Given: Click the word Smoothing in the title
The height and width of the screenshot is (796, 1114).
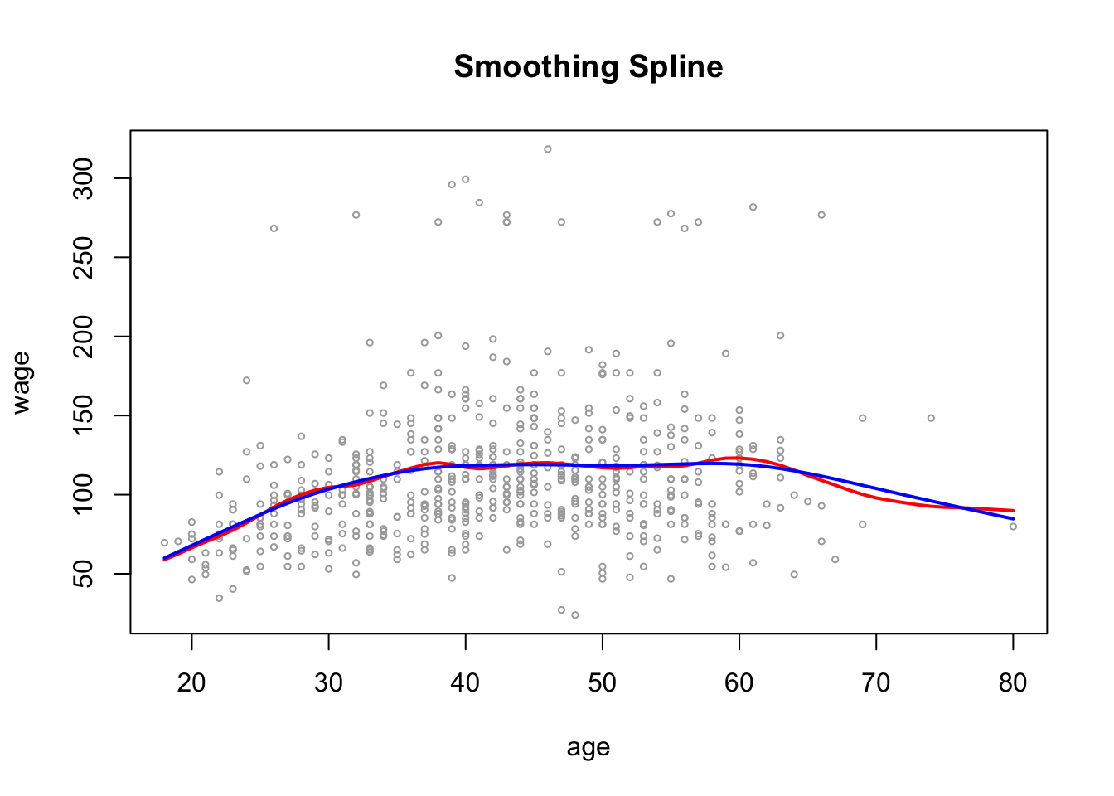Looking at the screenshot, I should click(x=530, y=67).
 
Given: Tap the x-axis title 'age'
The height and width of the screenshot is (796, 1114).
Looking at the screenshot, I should click(x=588, y=747).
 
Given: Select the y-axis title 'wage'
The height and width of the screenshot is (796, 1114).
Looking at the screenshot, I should click(x=22, y=382).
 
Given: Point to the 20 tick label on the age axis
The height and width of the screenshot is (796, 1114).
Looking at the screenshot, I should click(x=191, y=682).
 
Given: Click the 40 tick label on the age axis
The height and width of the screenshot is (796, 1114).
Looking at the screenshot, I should click(x=465, y=682).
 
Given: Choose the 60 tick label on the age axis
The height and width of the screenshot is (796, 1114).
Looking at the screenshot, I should click(x=739, y=682).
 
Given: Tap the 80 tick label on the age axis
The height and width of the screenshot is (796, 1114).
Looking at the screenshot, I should click(x=1013, y=682).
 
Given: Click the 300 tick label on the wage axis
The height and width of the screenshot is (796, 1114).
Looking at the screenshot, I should click(x=84, y=178).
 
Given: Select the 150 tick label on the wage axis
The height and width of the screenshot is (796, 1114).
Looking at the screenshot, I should click(x=84, y=415).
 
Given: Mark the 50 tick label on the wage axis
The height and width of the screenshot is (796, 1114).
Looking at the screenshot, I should click(x=84, y=574).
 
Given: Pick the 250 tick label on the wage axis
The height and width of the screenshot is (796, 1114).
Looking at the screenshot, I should click(x=84, y=257).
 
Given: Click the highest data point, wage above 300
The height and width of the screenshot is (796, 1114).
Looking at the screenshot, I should click(x=548, y=149).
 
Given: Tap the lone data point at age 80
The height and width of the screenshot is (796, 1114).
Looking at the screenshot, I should click(x=1013, y=527).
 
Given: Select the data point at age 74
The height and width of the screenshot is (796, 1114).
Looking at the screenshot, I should click(x=931, y=418).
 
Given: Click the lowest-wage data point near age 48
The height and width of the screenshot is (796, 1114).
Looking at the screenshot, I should click(x=574, y=615).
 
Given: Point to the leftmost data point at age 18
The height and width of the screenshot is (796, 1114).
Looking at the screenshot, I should click(x=164, y=543).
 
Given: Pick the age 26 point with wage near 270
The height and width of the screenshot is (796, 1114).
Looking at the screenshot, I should click(x=274, y=228).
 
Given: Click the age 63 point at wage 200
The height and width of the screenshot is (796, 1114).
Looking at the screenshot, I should click(x=780, y=336).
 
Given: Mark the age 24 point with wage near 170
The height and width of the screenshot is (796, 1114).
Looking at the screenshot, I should click(x=246, y=381).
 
